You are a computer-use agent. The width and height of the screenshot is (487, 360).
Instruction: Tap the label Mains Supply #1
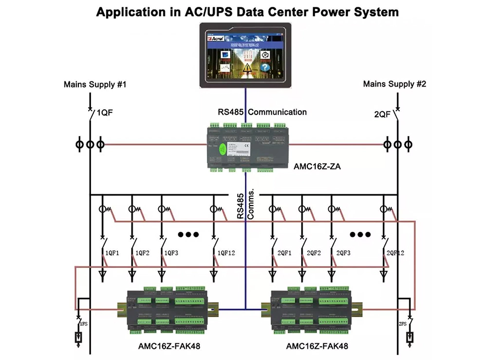tap(95, 84)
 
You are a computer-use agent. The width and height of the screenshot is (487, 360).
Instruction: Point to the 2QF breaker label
tap(382, 114)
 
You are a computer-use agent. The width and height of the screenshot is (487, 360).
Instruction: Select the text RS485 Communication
tap(262, 112)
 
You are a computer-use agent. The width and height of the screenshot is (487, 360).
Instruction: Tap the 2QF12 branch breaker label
tap(395, 253)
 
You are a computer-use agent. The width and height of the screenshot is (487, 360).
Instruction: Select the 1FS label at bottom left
tap(84, 323)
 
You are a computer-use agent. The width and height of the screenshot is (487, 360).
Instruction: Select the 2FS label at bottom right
tap(402, 323)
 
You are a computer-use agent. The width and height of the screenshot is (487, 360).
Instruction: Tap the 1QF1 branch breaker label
tap(113, 253)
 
